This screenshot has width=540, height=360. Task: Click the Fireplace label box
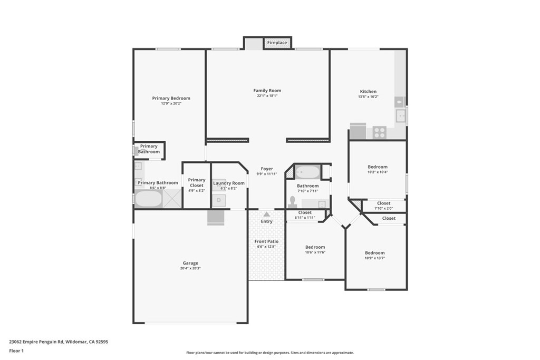[277, 43]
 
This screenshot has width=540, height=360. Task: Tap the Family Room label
[267, 91]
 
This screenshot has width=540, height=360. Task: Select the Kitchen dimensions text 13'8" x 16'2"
[368, 96]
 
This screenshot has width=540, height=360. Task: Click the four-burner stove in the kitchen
[379, 132]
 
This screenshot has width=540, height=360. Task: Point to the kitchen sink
[401, 115]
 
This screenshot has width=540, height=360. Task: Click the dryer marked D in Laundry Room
[219, 200]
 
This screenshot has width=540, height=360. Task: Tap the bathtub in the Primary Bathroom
[148, 199]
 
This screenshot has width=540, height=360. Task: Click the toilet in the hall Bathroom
[293, 202]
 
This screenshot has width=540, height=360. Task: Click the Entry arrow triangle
[266, 214]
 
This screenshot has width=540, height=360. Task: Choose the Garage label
[190, 263]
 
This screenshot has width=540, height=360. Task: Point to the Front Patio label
[266, 241]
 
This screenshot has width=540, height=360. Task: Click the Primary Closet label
[197, 182]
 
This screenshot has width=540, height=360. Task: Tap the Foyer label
[267, 169]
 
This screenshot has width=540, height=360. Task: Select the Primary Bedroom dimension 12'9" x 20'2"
[171, 103]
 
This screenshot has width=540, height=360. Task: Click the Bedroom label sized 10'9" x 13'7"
[375, 252]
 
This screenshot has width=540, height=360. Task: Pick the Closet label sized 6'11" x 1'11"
[305, 212]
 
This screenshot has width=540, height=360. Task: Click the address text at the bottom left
[59, 342]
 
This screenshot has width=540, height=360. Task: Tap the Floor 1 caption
[16, 351]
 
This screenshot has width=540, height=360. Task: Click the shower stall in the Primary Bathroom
[172, 199]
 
